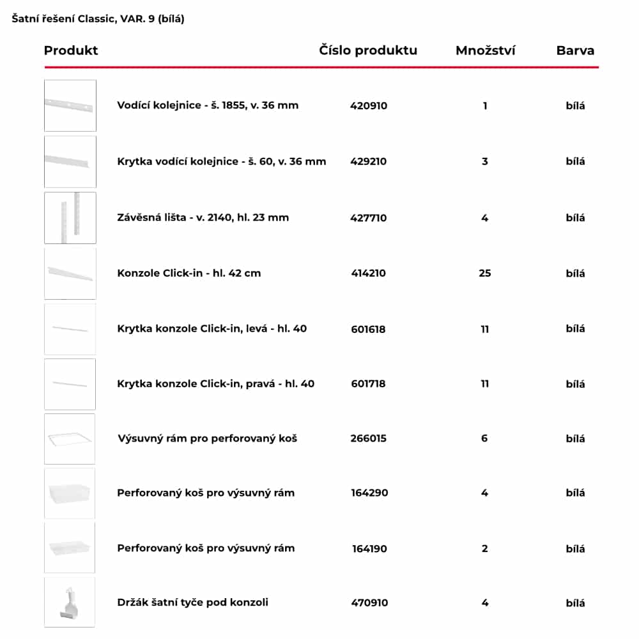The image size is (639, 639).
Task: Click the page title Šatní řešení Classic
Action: (x=98, y=19)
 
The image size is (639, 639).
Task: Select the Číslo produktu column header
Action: (x=368, y=50)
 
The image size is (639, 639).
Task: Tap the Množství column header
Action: (x=485, y=50)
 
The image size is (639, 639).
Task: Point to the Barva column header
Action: (x=575, y=50)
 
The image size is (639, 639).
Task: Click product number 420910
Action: (x=369, y=105)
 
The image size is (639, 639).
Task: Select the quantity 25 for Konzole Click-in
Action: (x=485, y=273)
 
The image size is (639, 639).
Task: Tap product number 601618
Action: (x=368, y=329)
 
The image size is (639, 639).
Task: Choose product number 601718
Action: (x=368, y=384)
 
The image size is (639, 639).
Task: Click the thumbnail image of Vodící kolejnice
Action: (x=70, y=105)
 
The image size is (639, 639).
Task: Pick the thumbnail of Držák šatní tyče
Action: (x=70, y=603)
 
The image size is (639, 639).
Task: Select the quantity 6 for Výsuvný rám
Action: (x=485, y=438)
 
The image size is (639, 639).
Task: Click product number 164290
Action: (x=369, y=493)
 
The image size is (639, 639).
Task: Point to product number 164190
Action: (x=369, y=548)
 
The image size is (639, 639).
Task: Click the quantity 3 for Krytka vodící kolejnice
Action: (x=485, y=161)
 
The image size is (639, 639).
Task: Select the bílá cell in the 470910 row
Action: (x=575, y=603)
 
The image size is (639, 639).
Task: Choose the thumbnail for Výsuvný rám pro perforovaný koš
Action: (x=70, y=438)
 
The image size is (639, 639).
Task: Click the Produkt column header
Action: (x=71, y=50)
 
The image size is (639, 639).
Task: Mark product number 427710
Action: (x=369, y=217)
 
